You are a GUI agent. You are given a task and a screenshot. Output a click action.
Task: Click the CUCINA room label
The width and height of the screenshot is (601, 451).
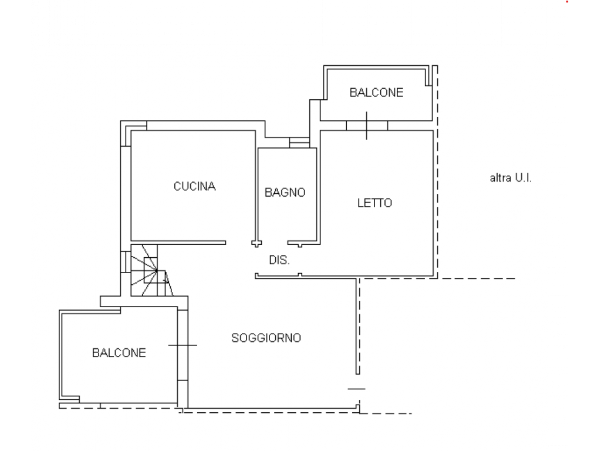click(x=194, y=186)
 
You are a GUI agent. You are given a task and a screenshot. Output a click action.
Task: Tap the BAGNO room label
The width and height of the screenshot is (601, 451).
click(x=285, y=192)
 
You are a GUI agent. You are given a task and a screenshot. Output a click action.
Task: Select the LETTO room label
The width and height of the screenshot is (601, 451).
click(x=374, y=203)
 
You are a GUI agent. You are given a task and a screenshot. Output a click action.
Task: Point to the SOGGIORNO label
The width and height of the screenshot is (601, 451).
click(x=266, y=338)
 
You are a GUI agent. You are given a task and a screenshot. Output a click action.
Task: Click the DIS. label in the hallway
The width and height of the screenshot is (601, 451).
click(x=279, y=260)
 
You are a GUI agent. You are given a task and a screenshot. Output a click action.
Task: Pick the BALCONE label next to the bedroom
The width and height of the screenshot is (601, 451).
click(x=376, y=92)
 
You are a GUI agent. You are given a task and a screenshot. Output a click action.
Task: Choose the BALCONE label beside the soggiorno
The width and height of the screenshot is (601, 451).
click(x=119, y=353)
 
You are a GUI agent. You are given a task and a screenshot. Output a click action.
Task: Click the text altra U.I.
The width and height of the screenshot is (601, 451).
click(x=511, y=178)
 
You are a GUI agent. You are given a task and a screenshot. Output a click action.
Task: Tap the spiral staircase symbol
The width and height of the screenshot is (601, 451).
click(x=151, y=270)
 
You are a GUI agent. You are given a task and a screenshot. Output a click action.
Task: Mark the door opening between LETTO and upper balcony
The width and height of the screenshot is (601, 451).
click(x=367, y=126)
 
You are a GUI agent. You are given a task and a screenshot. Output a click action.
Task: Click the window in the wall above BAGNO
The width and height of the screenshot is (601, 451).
click(x=299, y=143)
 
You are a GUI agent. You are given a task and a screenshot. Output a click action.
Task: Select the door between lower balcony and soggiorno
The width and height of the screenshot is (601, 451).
click(x=183, y=345)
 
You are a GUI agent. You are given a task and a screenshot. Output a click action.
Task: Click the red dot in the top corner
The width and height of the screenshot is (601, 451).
click(x=567, y=2)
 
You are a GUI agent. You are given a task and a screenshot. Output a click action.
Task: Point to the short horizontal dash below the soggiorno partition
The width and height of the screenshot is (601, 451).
click(x=356, y=389)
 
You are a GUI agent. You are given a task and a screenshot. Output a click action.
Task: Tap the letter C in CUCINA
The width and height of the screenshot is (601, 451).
click(x=177, y=186)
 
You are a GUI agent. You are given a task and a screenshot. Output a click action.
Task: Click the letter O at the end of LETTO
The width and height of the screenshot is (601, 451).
click(x=388, y=203)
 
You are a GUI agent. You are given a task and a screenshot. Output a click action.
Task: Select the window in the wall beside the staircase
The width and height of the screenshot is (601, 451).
click(x=126, y=262)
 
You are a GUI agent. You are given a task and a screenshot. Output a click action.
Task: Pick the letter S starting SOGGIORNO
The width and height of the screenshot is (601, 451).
click(x=235, y=338)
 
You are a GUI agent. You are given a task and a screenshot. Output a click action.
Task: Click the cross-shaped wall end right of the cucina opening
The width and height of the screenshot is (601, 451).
click(x=256, y=243)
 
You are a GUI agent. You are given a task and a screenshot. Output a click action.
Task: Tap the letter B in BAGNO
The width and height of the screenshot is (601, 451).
click(x=268, y=192)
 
